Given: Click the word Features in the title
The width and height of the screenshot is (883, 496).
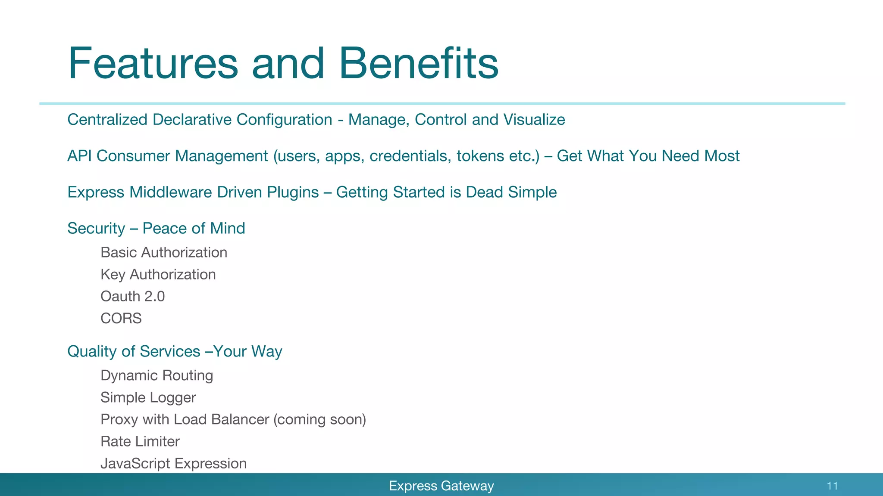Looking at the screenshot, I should point(153,63).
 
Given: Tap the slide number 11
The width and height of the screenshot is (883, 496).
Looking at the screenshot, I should point(832,486).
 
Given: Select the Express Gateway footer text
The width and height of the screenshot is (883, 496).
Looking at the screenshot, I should point(441,486).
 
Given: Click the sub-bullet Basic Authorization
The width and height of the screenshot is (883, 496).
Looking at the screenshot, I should point(164,252).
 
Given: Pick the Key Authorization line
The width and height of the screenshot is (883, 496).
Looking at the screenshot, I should point(158,274).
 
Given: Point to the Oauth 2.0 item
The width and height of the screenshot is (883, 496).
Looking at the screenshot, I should point(132,296).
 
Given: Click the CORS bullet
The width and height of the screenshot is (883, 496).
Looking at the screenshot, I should point(121,318).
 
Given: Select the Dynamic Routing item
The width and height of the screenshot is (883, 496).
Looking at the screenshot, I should point(157,375).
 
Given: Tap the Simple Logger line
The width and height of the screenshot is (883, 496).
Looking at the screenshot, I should point(148,397).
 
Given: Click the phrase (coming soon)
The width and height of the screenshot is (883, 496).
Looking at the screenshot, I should point(319,419).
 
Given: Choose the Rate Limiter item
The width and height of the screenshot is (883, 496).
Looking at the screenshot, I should point(140,441).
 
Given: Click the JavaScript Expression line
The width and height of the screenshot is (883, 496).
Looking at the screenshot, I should point(173,463).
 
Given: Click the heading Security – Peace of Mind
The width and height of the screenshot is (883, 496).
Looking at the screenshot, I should point(156,228).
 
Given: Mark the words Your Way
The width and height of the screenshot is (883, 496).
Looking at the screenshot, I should point(248,351).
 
